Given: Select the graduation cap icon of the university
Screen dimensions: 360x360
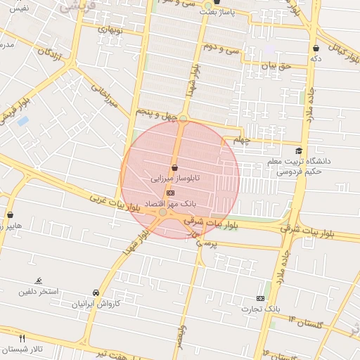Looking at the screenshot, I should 299,150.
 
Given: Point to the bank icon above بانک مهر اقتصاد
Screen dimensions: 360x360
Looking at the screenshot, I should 170,192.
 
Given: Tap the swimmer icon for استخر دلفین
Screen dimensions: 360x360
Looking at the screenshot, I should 38,280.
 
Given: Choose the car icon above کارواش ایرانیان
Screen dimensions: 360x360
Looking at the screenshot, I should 96,292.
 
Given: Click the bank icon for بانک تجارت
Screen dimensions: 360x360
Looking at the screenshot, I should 261,298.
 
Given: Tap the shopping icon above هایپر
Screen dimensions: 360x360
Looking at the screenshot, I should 10,214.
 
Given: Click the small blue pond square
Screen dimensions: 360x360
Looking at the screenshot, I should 23,121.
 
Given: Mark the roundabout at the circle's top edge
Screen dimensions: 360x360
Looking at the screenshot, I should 183,118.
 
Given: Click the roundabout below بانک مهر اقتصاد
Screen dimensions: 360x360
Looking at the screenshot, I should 163,212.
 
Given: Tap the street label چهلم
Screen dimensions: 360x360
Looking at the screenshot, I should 243,139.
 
